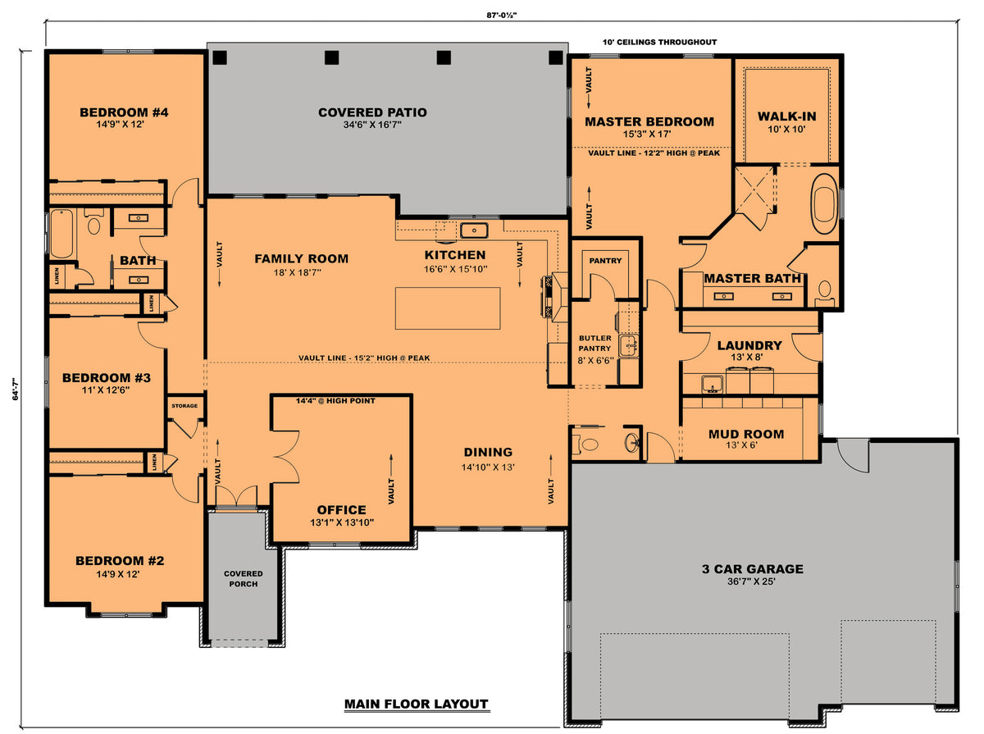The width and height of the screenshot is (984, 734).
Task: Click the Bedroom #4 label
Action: tap(124, 112)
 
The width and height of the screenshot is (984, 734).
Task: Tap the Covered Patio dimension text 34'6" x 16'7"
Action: tap(372, 125)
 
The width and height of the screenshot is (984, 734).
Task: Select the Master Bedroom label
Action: tap(649, 121)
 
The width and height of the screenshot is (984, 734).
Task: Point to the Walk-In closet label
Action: tap(786, 116)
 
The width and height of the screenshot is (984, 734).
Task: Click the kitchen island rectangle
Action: tap(448, 308)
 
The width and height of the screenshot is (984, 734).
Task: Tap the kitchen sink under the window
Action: tap(474, 229)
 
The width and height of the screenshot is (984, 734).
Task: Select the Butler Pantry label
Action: tap(594, 344)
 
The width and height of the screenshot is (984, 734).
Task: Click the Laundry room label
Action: tap(749, 345)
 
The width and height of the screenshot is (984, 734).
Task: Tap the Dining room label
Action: tap(488, 452)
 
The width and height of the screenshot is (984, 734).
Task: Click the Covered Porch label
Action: tap(244, 578)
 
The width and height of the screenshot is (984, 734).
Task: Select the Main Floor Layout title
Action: tap(416, 704)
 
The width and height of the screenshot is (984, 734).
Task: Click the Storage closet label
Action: tap(184, 406)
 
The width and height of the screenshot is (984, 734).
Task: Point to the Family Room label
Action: tap(301, 258)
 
